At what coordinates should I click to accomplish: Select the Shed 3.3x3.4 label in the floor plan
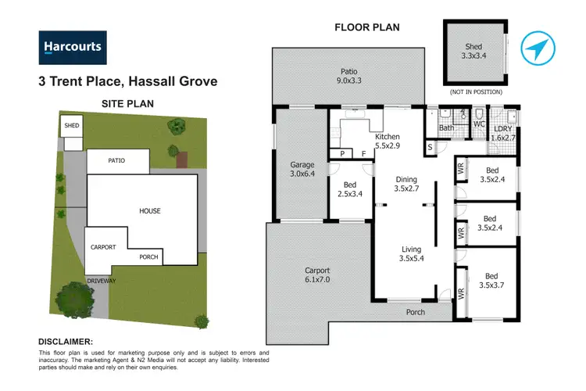(473, 52)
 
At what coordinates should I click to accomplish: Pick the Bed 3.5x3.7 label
(491, 280)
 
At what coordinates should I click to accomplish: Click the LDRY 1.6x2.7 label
(502, 133)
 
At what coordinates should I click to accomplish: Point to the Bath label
(447, 127)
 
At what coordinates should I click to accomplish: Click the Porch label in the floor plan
(416, 312)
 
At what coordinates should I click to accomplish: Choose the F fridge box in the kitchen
(363, 154)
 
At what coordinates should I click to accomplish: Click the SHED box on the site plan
(72, 125)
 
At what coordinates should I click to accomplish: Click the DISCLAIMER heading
(66, 342)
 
